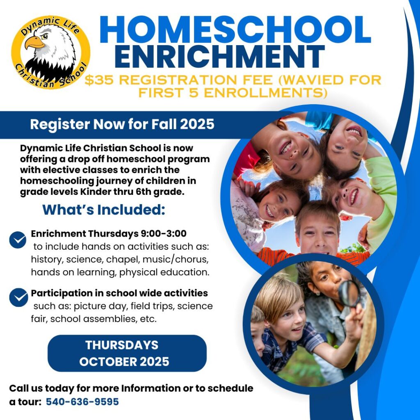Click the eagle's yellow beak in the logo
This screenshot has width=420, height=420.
(x=35, y=43)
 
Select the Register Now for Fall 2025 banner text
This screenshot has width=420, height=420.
(x=122, y=124)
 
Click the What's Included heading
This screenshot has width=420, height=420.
(x=104, y=210)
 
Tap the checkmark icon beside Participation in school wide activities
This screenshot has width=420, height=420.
(x=18, y=297)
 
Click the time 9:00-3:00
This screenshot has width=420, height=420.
(x=163, y=234)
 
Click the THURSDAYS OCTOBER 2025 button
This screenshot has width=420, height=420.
(x=127, y=353)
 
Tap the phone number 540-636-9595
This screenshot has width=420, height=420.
(x=82, y=402)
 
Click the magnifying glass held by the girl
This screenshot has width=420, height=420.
(x=349, y=293)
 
